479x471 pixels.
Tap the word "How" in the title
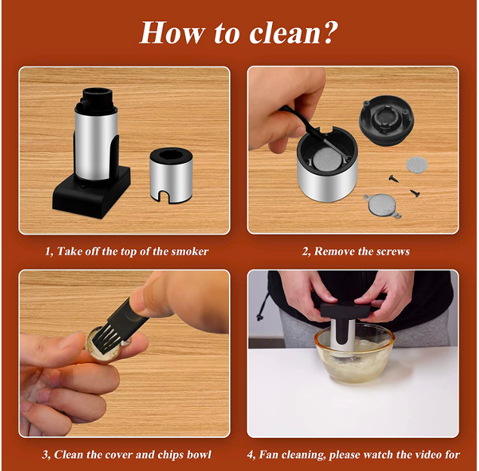coord(172,32)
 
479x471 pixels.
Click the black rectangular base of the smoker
coord(91,193)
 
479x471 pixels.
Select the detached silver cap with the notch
coord(171,176)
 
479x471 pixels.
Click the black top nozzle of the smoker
coord(95,100)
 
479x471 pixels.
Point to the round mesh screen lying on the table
coord(416,165)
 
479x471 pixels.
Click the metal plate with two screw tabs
coord(382,206)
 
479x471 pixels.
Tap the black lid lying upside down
coord(386,120)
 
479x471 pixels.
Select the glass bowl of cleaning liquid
coord(354,354)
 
